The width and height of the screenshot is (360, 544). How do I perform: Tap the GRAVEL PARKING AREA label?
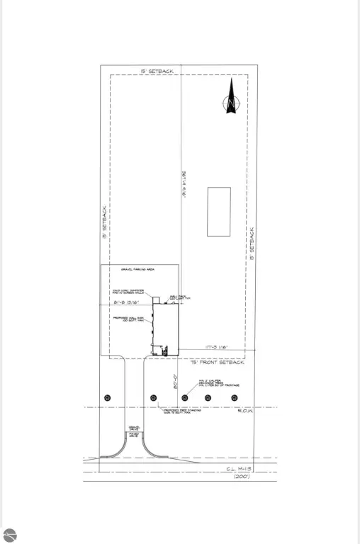139,270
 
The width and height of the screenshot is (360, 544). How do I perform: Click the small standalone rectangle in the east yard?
219,211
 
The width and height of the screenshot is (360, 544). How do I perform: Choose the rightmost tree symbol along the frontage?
235,398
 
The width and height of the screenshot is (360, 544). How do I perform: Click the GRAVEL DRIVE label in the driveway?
134,429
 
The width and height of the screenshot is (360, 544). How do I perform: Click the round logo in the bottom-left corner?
9,535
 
